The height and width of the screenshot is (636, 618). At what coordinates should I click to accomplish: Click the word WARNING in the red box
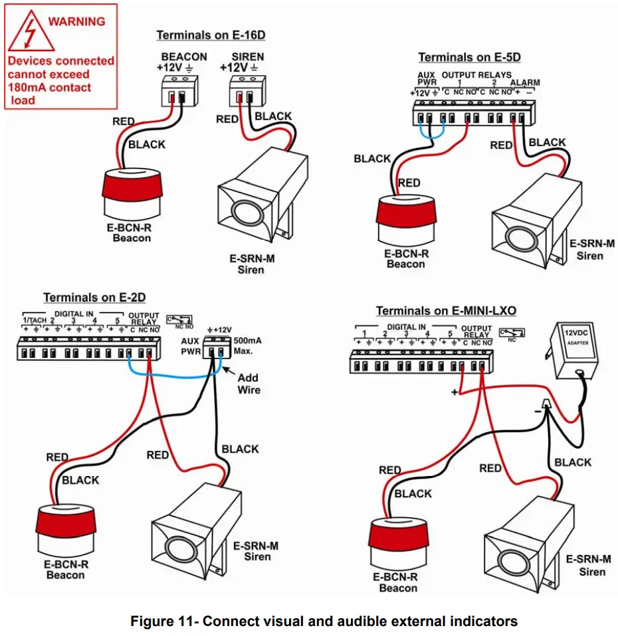click(76, 21)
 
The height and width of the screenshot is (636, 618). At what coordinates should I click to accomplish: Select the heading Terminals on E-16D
click(215, 35)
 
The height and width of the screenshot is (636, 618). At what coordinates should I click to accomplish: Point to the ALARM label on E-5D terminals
click(525, 83)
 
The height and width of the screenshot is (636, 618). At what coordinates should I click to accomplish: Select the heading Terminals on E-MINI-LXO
click(446, 311)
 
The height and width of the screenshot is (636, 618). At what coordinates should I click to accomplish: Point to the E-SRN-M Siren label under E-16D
click(251, 265)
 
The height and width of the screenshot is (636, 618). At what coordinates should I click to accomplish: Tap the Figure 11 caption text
click(324, 621)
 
